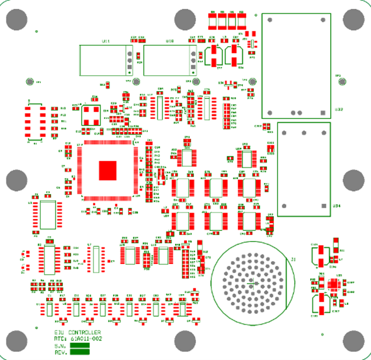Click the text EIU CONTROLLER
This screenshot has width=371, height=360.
pyautogui.click(x=77, y=332)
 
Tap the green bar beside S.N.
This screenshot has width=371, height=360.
pyautogui.click(x=80, y=345)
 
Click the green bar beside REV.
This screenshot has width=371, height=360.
pyautogui.click(x=80, y=352)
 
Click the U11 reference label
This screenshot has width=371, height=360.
pyautogui.click(x=106, y=41)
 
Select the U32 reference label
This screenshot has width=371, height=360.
pyautogui.click(x=338, y=110)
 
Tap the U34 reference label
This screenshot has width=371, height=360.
pyautogui.click(x=337, y=205)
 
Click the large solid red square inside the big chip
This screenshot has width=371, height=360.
pyautogui.click(x=108, y=170)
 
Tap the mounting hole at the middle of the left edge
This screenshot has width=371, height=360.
pyautogui.click(x=15, y=180)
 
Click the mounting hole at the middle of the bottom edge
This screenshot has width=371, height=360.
pyautogui.click(x=185, y=340)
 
